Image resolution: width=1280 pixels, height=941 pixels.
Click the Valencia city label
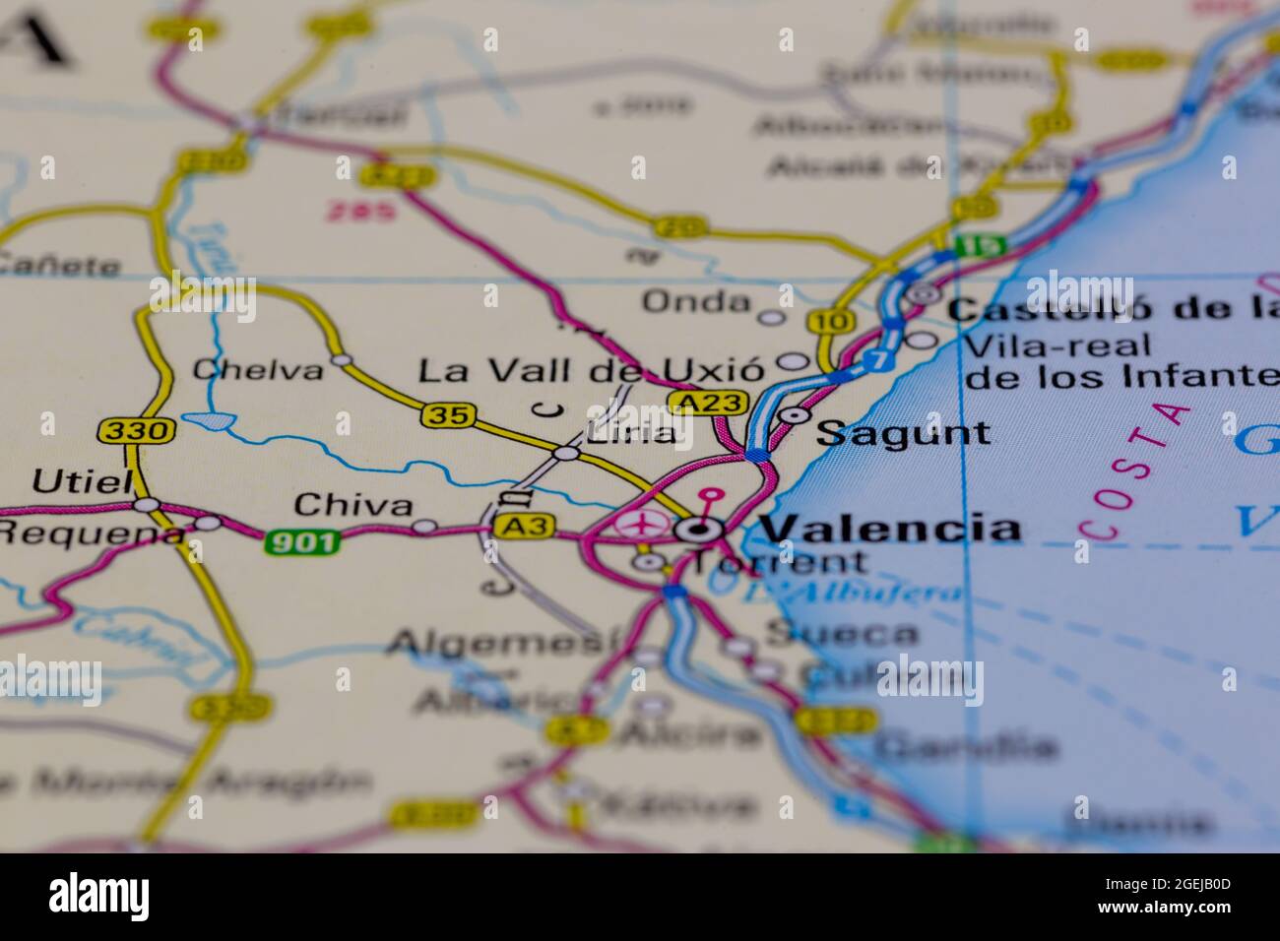[891, 529]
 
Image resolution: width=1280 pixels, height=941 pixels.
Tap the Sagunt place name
[903, 433]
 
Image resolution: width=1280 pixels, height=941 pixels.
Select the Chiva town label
[353, 506]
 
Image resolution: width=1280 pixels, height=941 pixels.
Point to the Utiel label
[82, 481]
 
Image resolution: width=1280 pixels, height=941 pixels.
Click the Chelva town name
[258, 371]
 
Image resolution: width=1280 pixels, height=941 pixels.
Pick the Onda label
[696, 302]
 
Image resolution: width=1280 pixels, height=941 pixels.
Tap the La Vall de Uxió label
[591, 372]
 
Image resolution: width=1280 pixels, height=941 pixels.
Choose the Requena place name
[91, 533]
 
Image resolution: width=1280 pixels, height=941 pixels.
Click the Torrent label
[778, 563]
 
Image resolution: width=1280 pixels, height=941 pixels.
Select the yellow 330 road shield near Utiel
[136, 430]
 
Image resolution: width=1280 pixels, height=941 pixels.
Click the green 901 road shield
[301, 540]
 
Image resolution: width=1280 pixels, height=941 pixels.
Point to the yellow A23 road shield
[708, 402]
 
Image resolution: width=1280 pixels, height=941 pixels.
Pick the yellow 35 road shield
[448, 415]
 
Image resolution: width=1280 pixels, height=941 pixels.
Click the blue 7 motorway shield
[878, 361]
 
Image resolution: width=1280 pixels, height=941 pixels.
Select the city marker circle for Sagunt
[794, 415]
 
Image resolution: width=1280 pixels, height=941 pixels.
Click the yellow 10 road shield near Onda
[823, 321]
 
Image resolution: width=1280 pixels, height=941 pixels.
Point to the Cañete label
[60, 265]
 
